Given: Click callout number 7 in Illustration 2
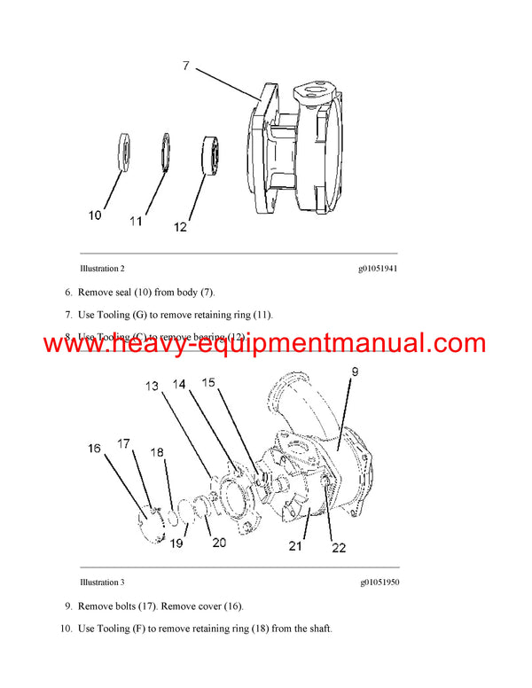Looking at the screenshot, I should pyautogui.click(x=185, y=66).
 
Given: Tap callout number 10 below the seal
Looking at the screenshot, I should pyautogui.click(x=95, y=215).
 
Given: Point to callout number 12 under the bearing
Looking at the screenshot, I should pyautogui.click(x=181, y=227).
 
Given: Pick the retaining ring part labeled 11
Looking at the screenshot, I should pyautogui.click(x=166, y=150).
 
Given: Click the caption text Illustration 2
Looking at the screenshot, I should pyautogui.click(x=102, y=268).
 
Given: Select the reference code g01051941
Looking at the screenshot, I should pyautogui.click(x=378, y=268).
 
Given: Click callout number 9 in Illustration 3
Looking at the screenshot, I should pyautogui.click(x=354, y=373).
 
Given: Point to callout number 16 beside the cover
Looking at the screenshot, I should pyautogui.click(x=95, y=449).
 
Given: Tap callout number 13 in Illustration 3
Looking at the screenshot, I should pyautogui.click(x=153, y=386).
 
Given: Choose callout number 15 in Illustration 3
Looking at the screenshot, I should pyautogui.click(x=207, y=382).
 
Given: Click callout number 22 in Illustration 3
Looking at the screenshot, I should pyautogui.click(x=339, y=548).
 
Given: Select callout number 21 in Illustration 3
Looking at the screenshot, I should pyautogui.click(x=295, y=546).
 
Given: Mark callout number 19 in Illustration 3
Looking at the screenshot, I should pyautogui.click(x=176, y=543).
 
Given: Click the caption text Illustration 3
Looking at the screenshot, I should pyautogui.click(x=102, y=582).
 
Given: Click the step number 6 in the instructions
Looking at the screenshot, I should pyautogui.click(x=67, y=292).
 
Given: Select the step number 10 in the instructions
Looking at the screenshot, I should pyautogui.click(x=64, y=629).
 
